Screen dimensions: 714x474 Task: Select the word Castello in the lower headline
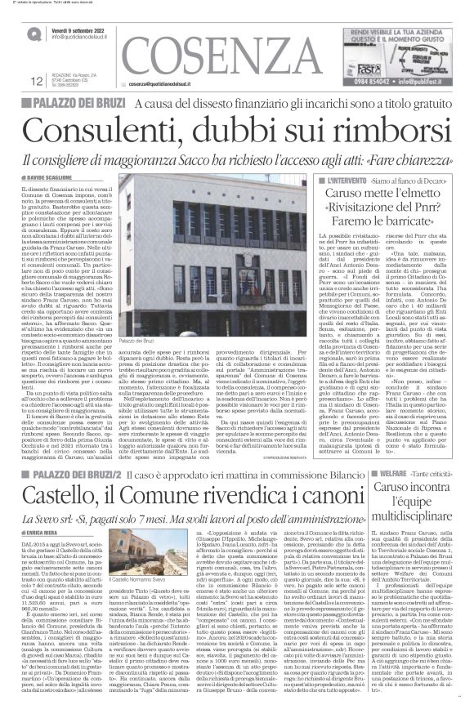click(x=65, y=471)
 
